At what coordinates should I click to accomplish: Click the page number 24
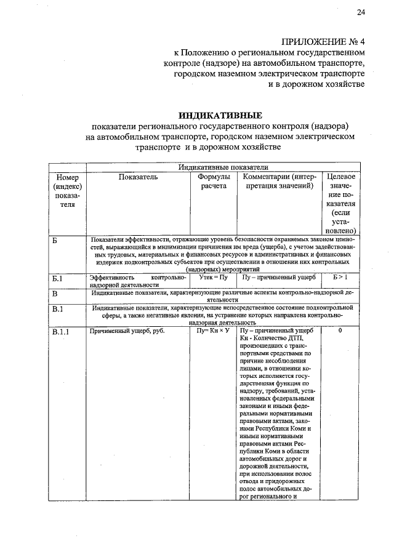click(x=361, y=13)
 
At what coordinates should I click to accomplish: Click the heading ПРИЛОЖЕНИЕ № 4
click(x=323, y=42)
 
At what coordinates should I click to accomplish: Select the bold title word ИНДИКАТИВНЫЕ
click(x=220, y=115)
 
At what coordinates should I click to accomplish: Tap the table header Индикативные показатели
click(x=223, y=167)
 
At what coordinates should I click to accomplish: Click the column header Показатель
click(x=138, y=177)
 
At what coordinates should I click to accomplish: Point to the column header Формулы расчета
click(x=213, y=182)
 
